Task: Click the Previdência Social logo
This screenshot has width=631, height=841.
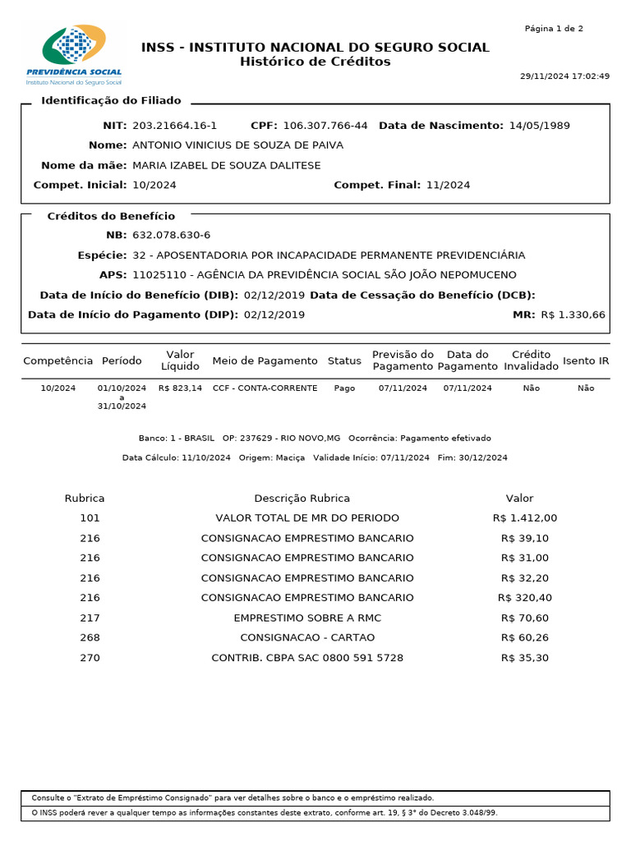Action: pyautogui.click(x=74, y=55)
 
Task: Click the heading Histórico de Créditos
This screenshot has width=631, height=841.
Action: pyautogui.click(x=315, y=62)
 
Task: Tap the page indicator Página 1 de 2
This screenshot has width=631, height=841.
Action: pyautogui.click(x=554, y=29)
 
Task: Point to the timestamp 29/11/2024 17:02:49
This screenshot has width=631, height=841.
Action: pyautogui.click(x=564, y=76)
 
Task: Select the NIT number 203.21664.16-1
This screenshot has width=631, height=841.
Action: pyautogui.click(x=174, y=126)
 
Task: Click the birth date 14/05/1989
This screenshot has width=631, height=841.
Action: pyautogui.click(x=539, y=126)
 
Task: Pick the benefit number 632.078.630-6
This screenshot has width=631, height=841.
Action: pyautogui.click(x=171, y=236)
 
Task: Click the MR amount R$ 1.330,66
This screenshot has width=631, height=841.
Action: pyautogui.click(x=573, y=315)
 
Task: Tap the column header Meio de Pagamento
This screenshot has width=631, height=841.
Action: pyautogui.click(x=265, y=361)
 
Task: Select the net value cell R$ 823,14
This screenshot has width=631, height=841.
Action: pyautogui.click(x=180, y=388)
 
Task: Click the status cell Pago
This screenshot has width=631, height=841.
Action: pyautogui.click(x=344, y=388)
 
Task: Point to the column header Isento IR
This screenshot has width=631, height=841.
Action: pyautogui.click(x=586, y=361)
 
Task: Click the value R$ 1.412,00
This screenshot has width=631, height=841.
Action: pyautogui.click(x=525, y=518)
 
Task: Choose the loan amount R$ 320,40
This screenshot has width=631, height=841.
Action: pyautogui.click(x=526, y=598)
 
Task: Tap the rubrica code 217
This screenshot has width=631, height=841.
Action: pyautogui.click(x=90, y=618)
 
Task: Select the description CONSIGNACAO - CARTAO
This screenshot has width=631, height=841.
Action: pyautogui.click(x=307, y=637)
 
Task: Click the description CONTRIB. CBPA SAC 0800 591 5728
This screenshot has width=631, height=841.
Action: pyautogui.click(x=307, y=658)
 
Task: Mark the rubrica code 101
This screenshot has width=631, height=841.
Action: pyautogui.click(x=90, y=518)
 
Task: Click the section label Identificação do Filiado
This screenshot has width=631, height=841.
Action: pyautogui.click(x=111, y=100)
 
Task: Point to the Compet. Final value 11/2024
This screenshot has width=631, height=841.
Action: pyautogui.click(x=448, y=185)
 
